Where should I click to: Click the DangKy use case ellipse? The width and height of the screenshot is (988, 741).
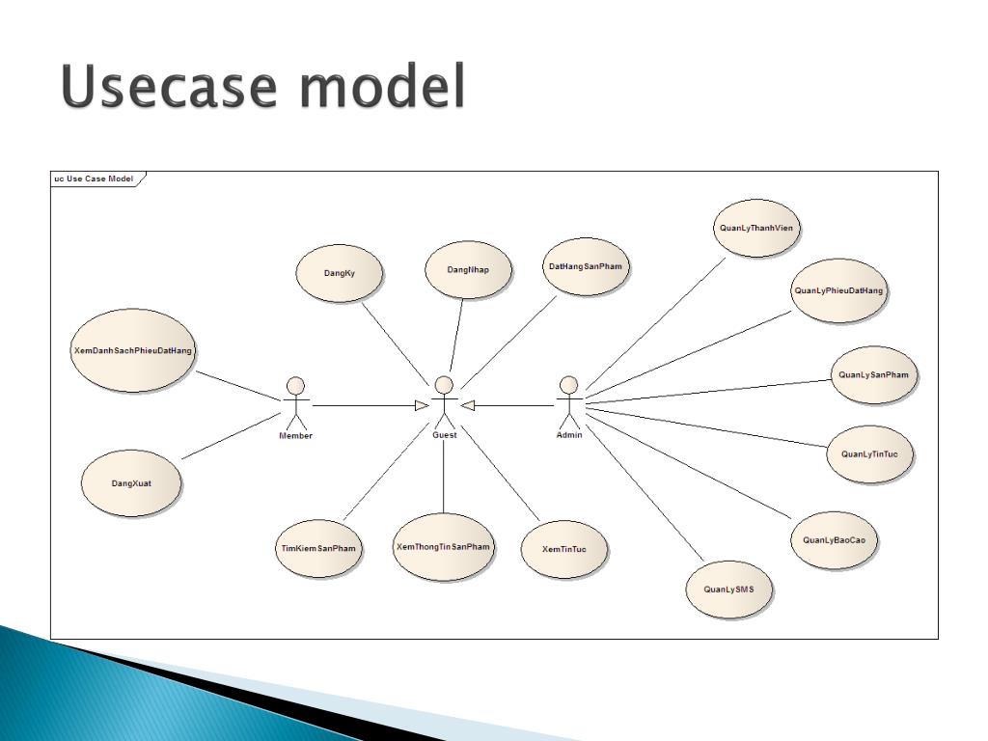coord(339,273)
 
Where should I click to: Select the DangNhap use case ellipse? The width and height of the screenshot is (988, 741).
coord(468,269)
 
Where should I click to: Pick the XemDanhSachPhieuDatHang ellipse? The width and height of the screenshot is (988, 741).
coord(133,350)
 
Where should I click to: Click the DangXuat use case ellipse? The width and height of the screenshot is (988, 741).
coord(131,483)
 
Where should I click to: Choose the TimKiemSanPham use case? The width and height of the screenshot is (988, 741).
coord(318,548)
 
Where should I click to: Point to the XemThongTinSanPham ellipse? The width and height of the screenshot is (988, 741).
coord(444,547)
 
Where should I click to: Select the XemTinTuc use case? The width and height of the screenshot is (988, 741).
coord(563,549)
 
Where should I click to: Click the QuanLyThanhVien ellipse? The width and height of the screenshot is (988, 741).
coord(756,229)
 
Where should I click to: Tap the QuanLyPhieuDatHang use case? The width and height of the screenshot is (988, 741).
coord(838,290)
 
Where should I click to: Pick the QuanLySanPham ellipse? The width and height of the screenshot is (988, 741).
coord(873,374)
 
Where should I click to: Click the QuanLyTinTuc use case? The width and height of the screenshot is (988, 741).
coord(869,453)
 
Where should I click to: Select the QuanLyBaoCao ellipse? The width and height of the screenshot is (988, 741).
coord(835,540)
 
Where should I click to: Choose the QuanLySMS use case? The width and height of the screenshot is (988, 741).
coord(729,589)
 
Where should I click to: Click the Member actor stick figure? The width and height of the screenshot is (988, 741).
coord(296,403)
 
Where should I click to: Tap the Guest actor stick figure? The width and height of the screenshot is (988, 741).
coord(444,402)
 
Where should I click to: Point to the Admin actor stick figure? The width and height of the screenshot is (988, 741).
coord(569,402)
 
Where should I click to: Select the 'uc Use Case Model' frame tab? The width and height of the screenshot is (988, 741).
coord(96,178)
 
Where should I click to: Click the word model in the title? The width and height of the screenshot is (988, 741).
coord(381,88)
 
